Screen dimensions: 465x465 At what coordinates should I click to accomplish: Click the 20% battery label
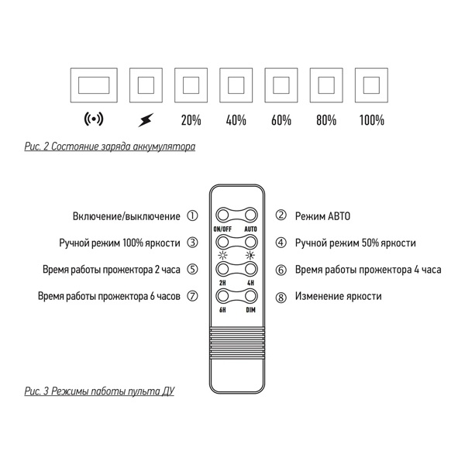pyautogui.click(x=191, y=120)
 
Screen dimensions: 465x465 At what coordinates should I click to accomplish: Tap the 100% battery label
pyautogui.click(x=373, y=120)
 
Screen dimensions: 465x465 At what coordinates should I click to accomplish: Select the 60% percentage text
pyautogui.click(x=282, y=120)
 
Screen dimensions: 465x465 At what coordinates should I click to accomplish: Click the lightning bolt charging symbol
pyautogui.click(x=145, y=120)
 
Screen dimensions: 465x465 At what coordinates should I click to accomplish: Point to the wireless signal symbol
pyautogui.click(x=93, y=120)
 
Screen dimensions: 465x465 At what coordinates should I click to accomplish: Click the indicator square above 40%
pyautogui.click(x=236, y=84)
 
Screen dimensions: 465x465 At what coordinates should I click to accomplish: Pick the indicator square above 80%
pyautogui.click(x=326, y=84)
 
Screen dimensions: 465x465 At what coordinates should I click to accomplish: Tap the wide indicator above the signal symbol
pyautogui.click(x=93, y=84)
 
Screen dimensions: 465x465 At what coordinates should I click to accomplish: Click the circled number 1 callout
pyautogui.click(x=192, y=216)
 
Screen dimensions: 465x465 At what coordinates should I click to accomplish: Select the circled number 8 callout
pyautogui.click(x=281, y=296)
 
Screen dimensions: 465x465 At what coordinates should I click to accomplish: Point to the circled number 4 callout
pyautogui.click(x=281, y=243)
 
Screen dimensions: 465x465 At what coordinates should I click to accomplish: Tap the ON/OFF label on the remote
pyautogui.click(x=223, y=229)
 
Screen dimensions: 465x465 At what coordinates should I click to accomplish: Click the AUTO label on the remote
pyautogui.click(x=250, y=229)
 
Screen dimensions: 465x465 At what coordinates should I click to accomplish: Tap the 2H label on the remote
pyautogui.click(x=223, y=283)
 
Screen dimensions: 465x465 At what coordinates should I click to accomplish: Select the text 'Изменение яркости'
pyautogui.click(x=338, y=296)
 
